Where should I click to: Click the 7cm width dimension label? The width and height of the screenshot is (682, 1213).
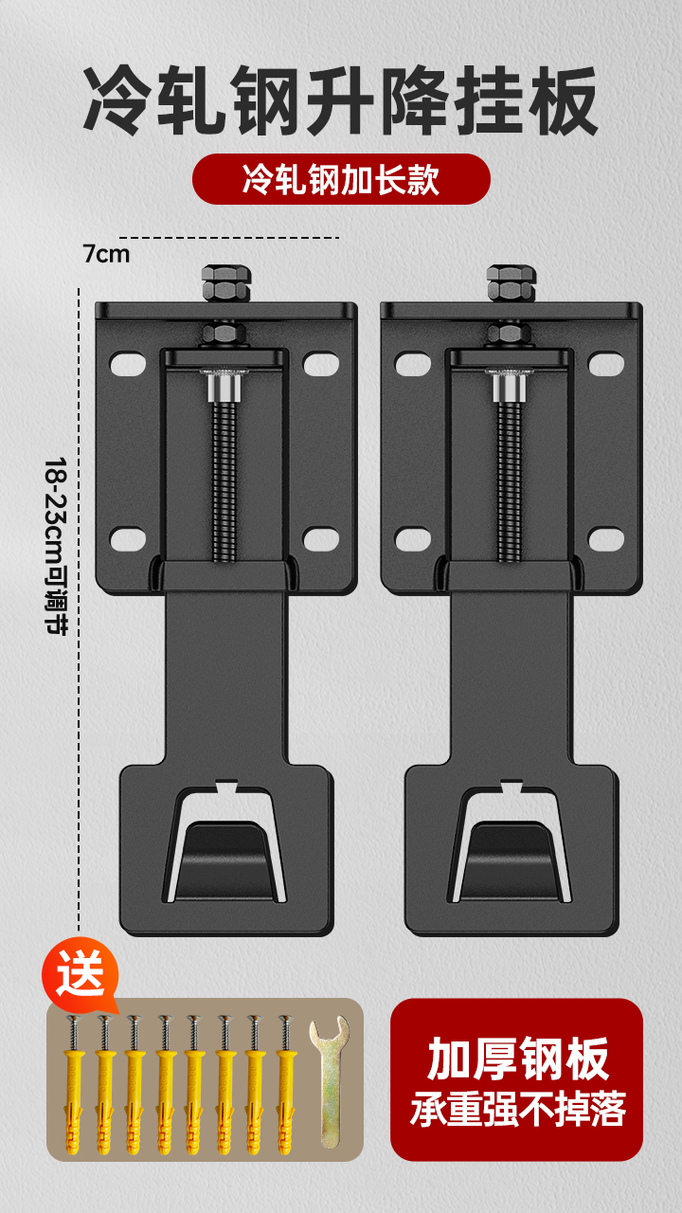[106, 254]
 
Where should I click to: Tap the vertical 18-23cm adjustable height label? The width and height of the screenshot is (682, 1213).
[56, 545]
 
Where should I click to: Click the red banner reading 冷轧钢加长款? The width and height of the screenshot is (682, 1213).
[341, 179]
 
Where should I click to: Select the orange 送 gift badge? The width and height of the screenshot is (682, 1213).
[81, 975]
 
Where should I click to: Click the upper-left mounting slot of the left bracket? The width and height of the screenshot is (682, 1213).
[128, 364]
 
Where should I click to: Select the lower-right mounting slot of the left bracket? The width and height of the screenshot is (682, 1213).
[321, 539]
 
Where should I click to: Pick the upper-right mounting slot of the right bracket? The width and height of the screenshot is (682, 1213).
[606, 364]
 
